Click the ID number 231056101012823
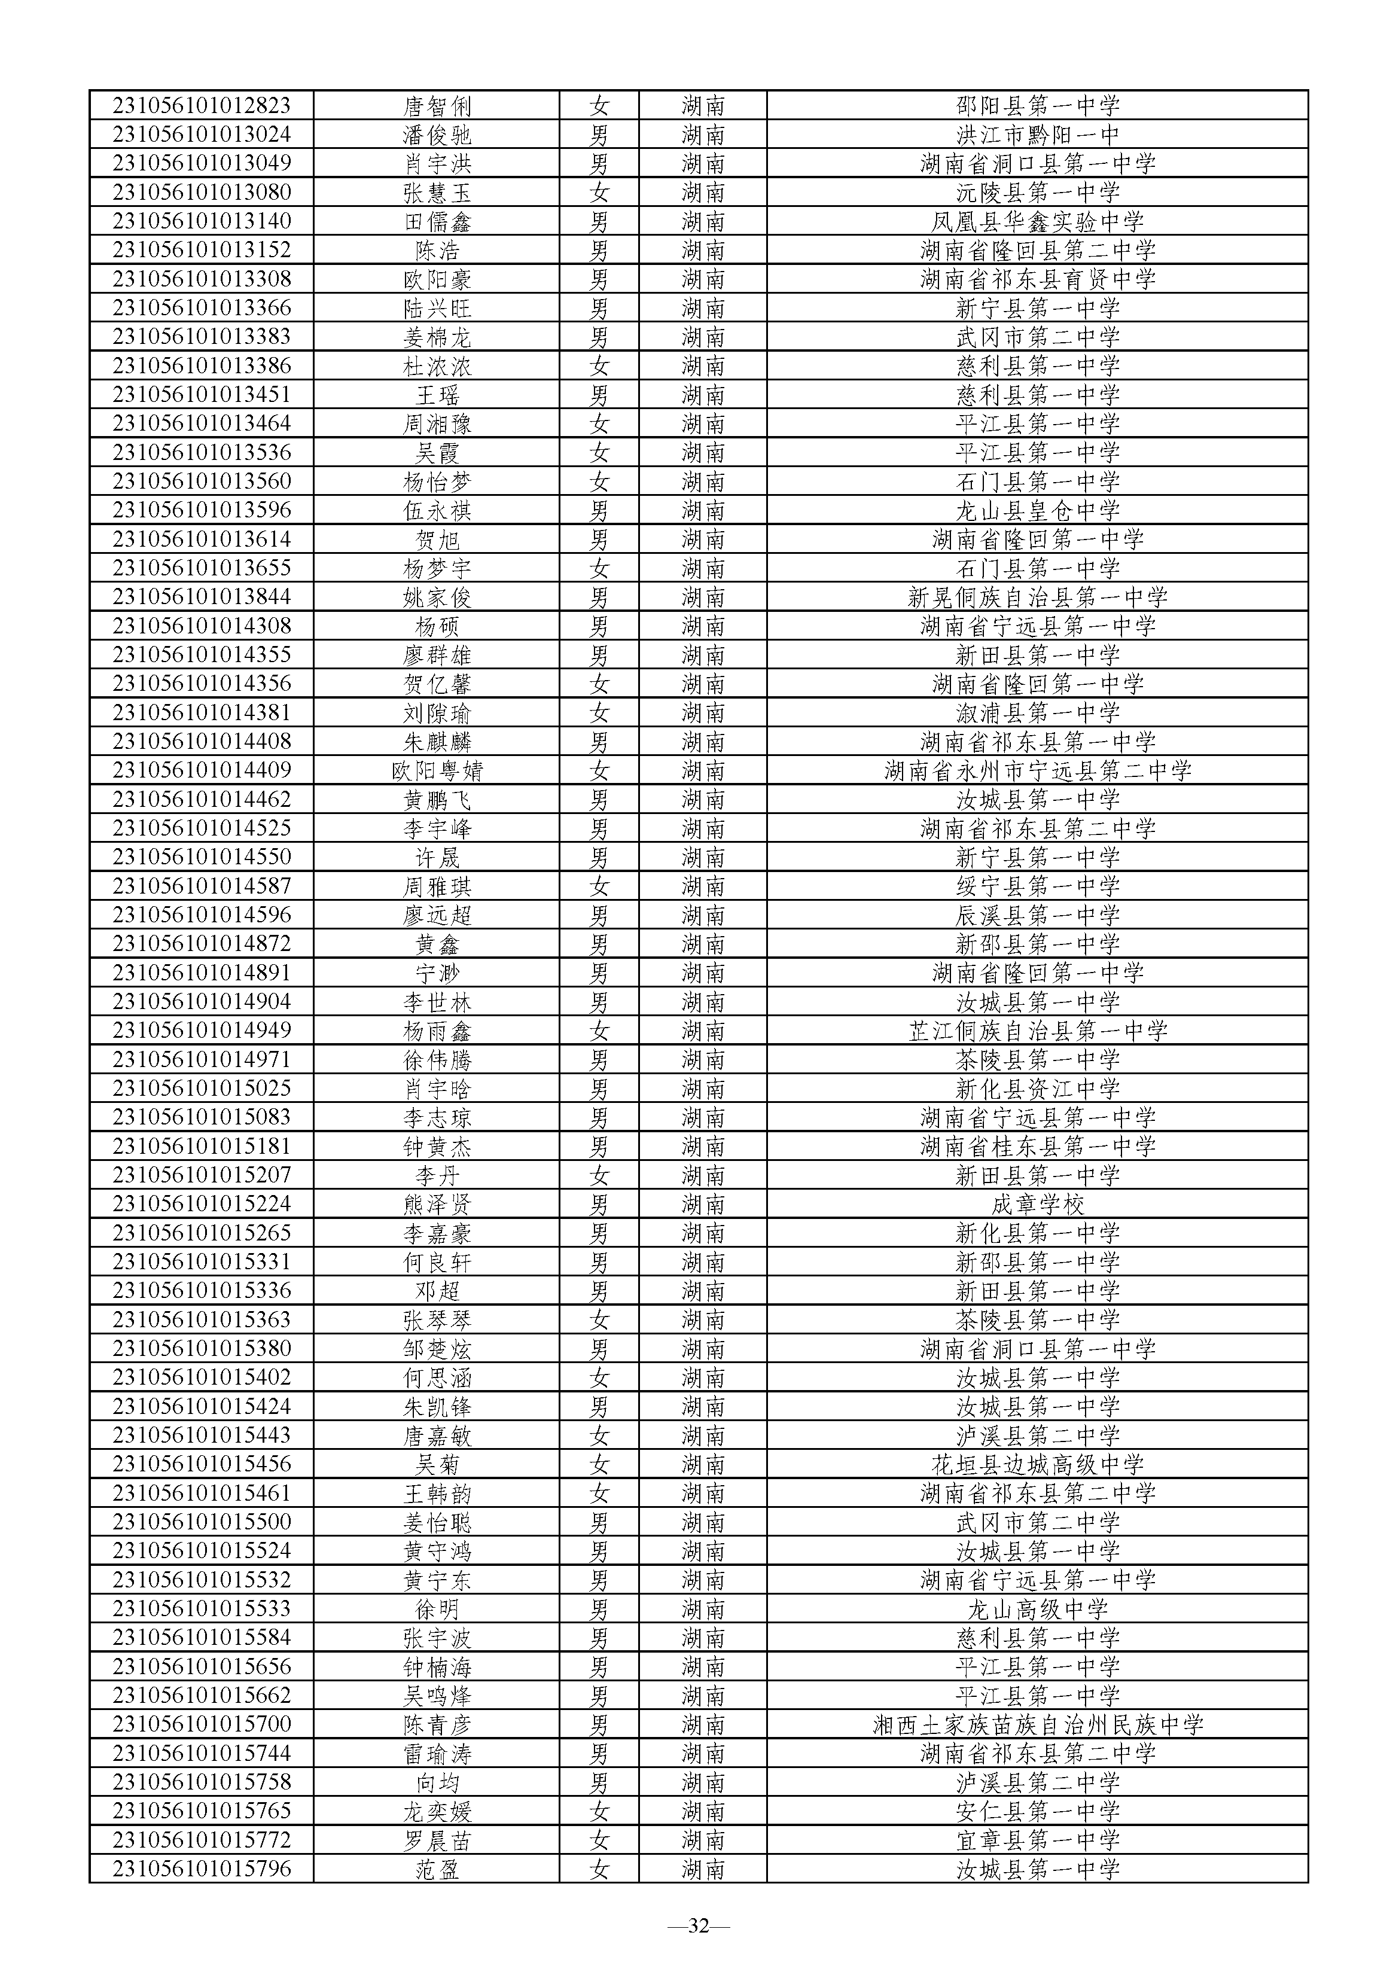202,106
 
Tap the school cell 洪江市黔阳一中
1037,135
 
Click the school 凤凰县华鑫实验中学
1037,221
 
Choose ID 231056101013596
202,510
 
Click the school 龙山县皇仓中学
1037,511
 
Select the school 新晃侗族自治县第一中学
1037,597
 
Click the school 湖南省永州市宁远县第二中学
1037,770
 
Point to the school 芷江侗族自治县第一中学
1037,1031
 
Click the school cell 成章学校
1037,1203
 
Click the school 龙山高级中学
1037,1608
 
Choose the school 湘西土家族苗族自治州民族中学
1037,1724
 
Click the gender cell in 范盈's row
599,1869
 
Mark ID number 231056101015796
202,1868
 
